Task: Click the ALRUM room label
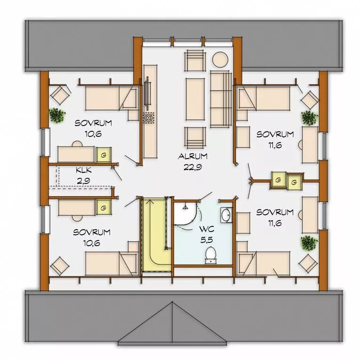click(x=192, y=156)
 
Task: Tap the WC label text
click(x=207, y=229)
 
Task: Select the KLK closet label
click(x=84, y=170)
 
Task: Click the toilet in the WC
click(x=210, y=255)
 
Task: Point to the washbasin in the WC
click(x=227, y=215)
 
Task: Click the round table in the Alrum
click(x=220, y=59)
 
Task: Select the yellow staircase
click(x=157, y=234)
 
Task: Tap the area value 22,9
click(x=192, y=167)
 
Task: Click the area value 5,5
click(x=207, y=240)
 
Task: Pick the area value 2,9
click(x=83, y=181)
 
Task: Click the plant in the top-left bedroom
click(x=57, y=115)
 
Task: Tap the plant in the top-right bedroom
click(x=310, y=118)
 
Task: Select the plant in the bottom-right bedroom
click(x=309, y=243)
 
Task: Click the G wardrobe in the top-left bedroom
click(x=104, y=155)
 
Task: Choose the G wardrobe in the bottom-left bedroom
click(x=104, y=208)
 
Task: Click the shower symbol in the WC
click(x=185, y=207)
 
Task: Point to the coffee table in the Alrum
click(x=195, y=99)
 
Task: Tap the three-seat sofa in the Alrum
click(x=220, y=99)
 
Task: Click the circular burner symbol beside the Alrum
click(x=149, y=118)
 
